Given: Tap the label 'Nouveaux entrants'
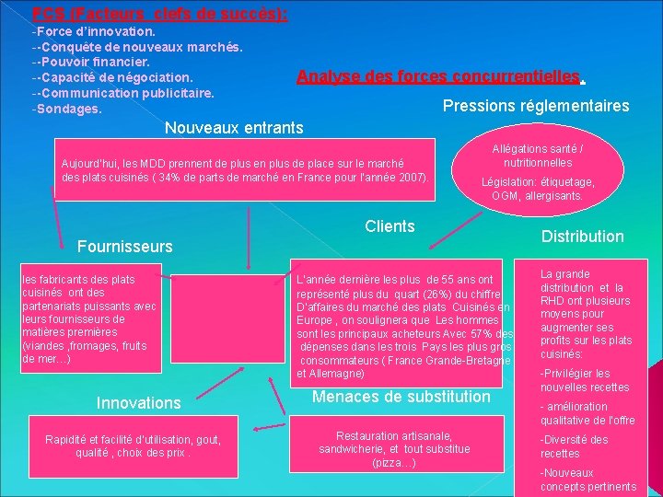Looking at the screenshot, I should [233, 125].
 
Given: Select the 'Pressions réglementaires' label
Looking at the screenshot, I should [536, 106].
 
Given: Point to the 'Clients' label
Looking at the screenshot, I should [390, 226].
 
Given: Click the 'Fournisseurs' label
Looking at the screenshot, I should [124, 247].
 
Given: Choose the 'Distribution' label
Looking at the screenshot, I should [582, 237].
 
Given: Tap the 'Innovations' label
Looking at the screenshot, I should [139, 403].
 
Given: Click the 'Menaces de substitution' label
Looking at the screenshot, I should [401, 397].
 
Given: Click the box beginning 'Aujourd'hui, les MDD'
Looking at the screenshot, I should [244, 168].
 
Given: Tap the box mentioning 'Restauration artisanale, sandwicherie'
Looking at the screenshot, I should [394, 449].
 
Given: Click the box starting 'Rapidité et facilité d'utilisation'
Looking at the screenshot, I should [133, 446].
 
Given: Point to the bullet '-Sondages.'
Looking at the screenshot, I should [66, 109].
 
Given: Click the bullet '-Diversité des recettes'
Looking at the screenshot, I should [574, 446].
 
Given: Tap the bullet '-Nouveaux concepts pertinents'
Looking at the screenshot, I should [587, 480].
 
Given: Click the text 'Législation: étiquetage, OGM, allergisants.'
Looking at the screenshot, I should [538, 189].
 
